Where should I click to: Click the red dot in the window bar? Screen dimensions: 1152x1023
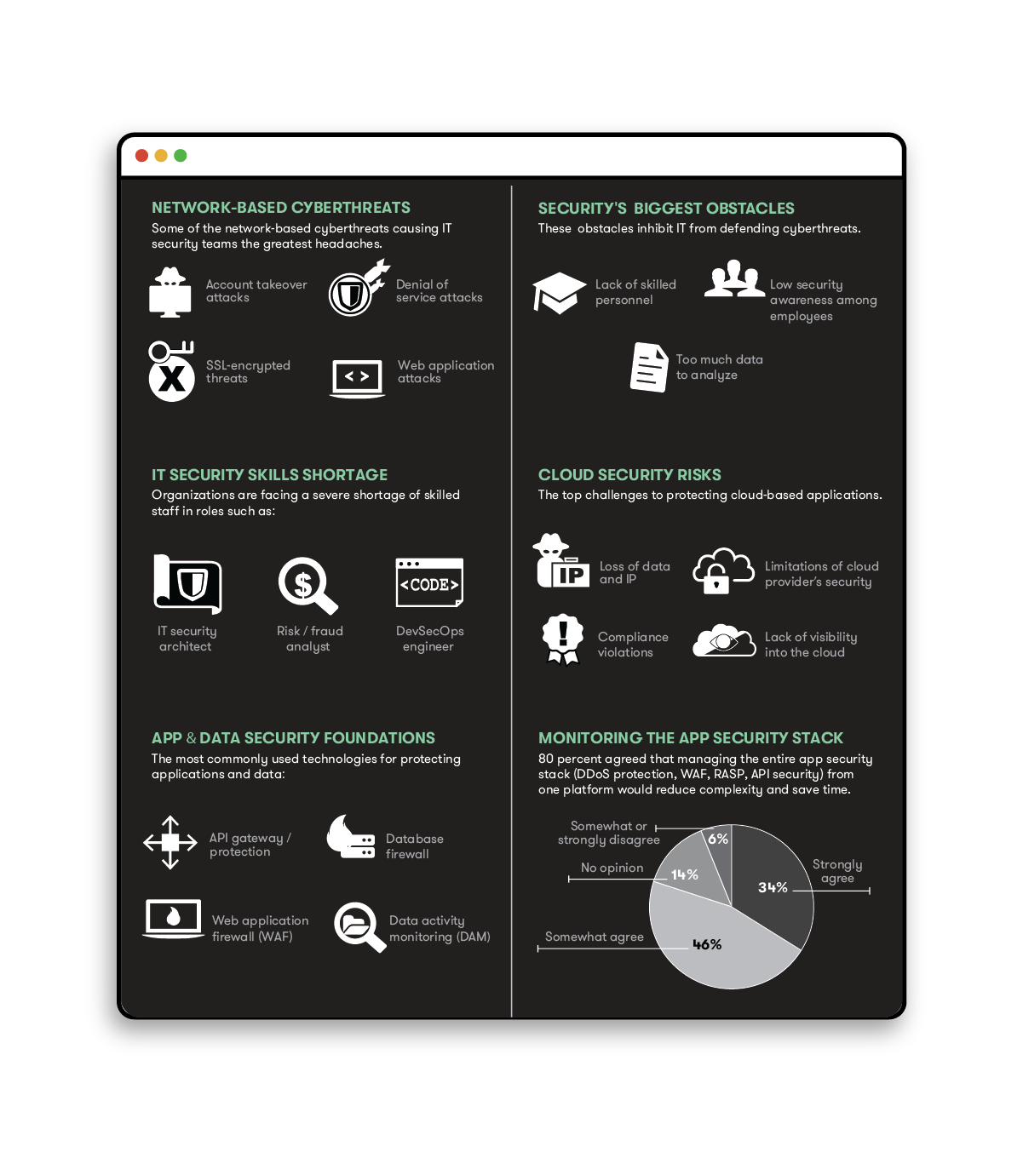click(141, 156)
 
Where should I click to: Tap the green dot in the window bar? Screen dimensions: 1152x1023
click(181, 156)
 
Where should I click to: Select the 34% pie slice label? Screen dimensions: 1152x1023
click(773, 887)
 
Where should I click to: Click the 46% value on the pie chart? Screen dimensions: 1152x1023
click(707, 944)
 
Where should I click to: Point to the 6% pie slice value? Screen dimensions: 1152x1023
click(718, 839)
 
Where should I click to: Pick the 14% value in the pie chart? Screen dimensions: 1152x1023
click(684, 874)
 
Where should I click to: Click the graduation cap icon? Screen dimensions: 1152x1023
click(559, 293)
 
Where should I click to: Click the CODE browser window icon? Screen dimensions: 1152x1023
click(429, 583)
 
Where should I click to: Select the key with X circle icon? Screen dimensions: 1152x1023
click(171, 371)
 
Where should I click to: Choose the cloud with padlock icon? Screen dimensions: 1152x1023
click(722, 570)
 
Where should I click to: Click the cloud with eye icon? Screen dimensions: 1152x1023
click(723, 641)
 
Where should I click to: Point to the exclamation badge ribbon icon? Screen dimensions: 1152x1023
click(562, 639)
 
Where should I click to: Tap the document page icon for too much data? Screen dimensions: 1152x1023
click(648, 367)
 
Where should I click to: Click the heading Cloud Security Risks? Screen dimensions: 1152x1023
click(629, 475)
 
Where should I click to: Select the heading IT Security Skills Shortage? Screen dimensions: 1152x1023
click(269, 475)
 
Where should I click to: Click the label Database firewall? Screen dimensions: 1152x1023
click(414, 846)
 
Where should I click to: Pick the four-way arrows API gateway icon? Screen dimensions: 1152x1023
click(170, 843)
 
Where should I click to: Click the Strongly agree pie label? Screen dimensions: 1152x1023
click(837, 871)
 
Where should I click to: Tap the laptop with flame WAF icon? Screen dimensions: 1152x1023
click(173, 919)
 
